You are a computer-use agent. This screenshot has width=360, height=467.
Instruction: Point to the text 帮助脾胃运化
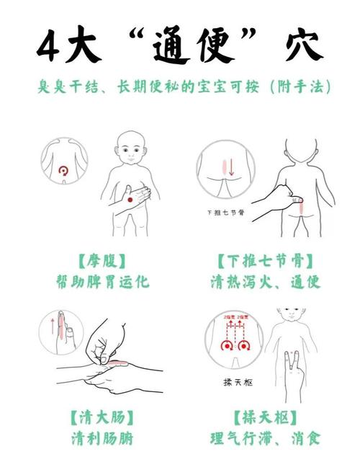(x=102, y=281)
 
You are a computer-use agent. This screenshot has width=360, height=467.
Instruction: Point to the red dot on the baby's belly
(x=130, y=199)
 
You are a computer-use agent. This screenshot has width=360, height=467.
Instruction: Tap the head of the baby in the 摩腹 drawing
(x=131, y=147)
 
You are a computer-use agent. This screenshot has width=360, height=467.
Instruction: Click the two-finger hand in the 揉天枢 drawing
(x=291, y=375)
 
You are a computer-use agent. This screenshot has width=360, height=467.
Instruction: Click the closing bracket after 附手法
(x=328, y=88)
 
